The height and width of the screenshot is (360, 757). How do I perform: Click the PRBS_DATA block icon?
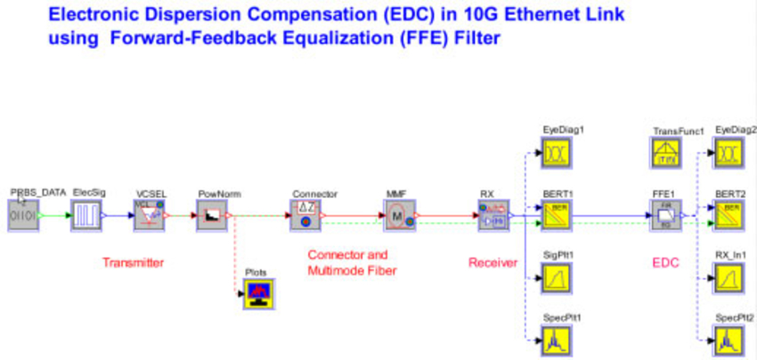(23, 216)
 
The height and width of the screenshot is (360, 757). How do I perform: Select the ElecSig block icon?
(86, 216)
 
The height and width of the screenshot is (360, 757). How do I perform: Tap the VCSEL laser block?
(150, 216)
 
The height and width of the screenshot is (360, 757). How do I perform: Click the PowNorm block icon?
(213, 216)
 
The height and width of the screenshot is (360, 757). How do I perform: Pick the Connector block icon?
(305, 216)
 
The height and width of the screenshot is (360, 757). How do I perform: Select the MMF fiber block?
(398, 216)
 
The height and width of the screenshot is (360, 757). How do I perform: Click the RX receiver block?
(492, 216)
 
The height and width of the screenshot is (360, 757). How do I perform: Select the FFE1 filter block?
(664, 216)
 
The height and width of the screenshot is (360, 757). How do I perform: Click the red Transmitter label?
(133, 262)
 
